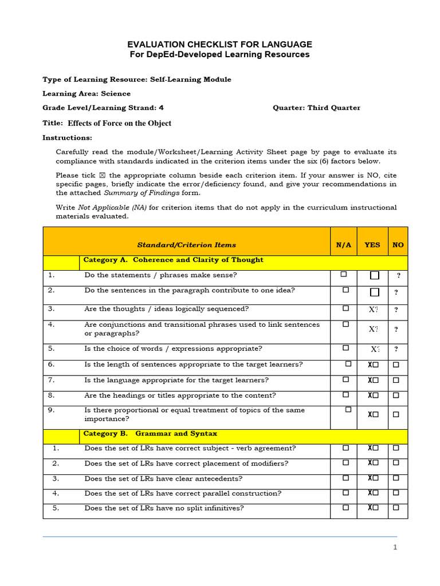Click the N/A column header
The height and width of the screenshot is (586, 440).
[344, 245]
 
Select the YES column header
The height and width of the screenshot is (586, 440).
[372, 245]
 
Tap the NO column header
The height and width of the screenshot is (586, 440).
[398, 245]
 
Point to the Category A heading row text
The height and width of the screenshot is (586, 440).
[174, 260]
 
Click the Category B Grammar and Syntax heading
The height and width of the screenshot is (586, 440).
[150, 434]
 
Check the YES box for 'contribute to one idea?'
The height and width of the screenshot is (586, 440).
[375, 292]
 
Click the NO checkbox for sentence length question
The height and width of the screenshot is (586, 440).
[396, 365]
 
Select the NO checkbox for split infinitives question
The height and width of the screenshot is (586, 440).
[396, 508]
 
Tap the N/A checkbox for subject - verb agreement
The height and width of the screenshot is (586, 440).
[345, 448]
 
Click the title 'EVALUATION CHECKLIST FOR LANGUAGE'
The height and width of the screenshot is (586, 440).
[219, 44]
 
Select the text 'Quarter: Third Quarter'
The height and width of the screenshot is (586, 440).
[317, 108]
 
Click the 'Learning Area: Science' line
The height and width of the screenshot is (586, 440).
[87, 93]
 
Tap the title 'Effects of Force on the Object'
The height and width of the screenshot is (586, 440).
[119, 123]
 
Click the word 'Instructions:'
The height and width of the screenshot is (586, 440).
[67, 138]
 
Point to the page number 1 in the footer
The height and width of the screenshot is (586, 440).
[395, 547]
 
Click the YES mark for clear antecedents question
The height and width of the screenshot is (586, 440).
[373, 478]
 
